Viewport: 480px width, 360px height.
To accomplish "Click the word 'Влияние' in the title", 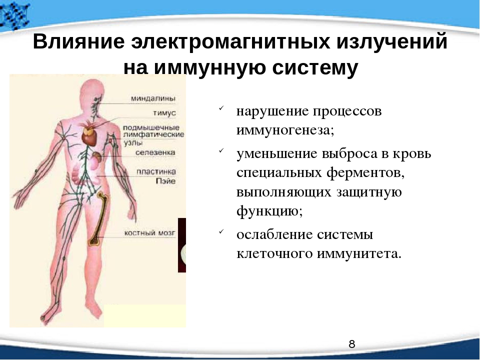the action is pyautogui.click(x=78, y=41).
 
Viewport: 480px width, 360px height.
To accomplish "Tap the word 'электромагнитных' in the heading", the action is pyautogui.click(x=231, y=41).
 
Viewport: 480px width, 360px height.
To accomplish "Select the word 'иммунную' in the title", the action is pyautogui.click(x=210, y=67).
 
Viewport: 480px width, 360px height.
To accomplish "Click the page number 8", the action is pyautogui.click(x=352, y=344).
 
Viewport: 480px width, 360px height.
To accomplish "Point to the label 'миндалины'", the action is pyautogui.click(x=153, y=98).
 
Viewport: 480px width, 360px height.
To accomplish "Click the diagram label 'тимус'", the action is pyautogui.click(x=164, y=113).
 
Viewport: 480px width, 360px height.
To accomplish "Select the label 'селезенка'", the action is pyautogui.click(x=155, y=152).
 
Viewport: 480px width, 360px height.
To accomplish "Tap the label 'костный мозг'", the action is pyautogui.click(x=149, y=233).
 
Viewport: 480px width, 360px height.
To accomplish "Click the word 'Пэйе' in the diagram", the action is pyautogui.click(x=166, y=181).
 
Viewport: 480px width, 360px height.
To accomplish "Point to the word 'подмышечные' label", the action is pyautogui.click(x=151, y=127).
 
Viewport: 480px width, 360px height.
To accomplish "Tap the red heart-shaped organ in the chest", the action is pyautogui.click(x=89, y=137).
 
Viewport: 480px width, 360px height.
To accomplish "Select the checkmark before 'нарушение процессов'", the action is pyautogui.click(x=221, y=108).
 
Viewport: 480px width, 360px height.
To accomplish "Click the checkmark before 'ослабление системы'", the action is pyautogui.click(x=221, y=231).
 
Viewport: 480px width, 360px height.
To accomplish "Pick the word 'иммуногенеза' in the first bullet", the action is pyautogui.click(x=285, y=130).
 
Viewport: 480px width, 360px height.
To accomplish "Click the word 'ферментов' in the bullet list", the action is pyautogui.click(x=365, y=173).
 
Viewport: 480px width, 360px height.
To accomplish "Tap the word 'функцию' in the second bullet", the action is pyautogui.click(x=269, y=211).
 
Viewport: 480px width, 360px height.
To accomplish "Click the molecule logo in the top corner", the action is pyautogui.click(x=14, y=15).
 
